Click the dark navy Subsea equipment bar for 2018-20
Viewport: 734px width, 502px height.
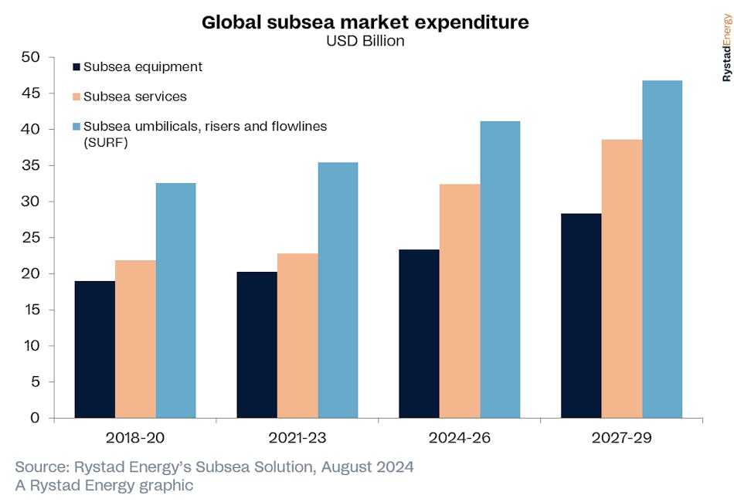coord(94,349)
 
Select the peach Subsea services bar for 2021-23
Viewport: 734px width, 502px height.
coord(297,335)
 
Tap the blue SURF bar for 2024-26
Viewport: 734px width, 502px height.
coord(500,269)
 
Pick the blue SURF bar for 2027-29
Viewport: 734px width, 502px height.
coord(662,249)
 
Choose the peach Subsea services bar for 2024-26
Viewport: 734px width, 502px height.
coord(460,300)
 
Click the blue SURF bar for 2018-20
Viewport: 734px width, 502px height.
coord(175,300)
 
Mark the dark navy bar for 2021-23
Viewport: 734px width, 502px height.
coord(257,344)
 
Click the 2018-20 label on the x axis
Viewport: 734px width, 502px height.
coord(135,438)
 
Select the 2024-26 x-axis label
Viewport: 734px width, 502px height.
coord(460,438)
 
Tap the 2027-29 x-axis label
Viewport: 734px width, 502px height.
coord(622,438)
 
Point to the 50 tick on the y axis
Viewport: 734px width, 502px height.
coord(30,58)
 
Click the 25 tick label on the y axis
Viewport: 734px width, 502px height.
coord(30,238)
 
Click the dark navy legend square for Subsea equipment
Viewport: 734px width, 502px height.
coord(76,68)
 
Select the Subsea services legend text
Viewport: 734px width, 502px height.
coord(134,97)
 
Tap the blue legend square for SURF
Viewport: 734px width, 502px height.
coord(76,127)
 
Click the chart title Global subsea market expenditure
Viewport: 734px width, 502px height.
coord(365,22)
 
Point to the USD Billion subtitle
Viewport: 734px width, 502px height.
coord(365,41)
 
